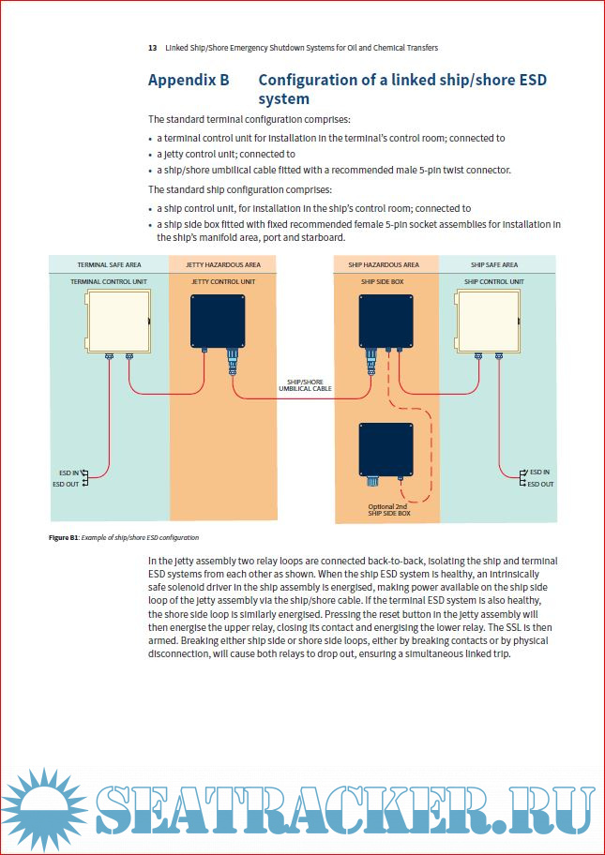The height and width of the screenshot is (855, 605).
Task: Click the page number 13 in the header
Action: (152, 48)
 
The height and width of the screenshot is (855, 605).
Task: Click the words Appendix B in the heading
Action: (189, 80)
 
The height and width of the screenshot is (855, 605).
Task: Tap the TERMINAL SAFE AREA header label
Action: (109, 265)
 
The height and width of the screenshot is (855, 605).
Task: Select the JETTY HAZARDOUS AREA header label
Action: (225, 265)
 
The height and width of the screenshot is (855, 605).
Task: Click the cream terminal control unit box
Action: (118, 321)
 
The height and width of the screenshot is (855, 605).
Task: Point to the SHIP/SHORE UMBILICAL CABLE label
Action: (306, 384)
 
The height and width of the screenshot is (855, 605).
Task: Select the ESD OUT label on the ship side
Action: (540, 484)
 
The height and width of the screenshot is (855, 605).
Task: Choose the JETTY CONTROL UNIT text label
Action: (225, 281)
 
